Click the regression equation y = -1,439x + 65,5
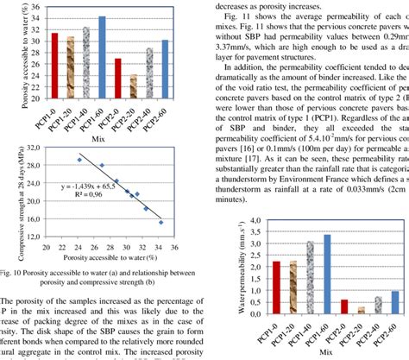[x=87, y=186]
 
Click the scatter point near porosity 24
[x=79, y=160]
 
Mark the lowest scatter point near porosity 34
[x=160, y=222]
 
